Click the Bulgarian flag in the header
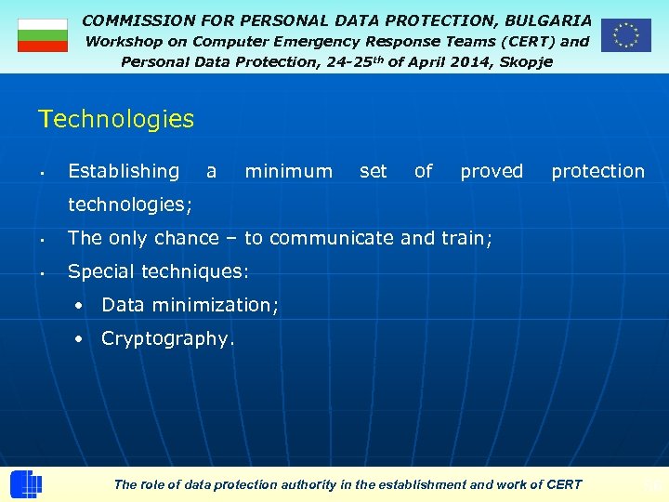43,35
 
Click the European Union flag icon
625,35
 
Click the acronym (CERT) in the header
522,41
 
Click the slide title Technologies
116,119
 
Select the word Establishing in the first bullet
124,171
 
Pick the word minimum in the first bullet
288,171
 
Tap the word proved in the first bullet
492,171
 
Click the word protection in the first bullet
597,171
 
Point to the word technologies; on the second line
130,205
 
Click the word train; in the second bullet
467,238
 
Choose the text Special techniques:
158,271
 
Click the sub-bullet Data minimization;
190,305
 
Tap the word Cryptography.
167,338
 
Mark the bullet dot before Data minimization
83,305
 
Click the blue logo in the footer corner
26,484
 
